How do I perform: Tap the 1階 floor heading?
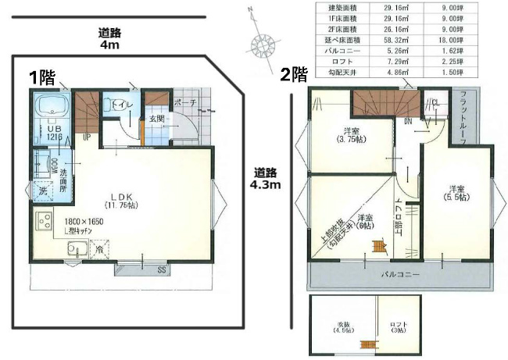pyautogui.click(x=42, y=77)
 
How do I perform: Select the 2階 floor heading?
pyautogui.click(x=293, y=74)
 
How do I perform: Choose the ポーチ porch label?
pyautogui.click(x=185, y=102)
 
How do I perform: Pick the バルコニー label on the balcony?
pyautogui.click(x=400, y=275)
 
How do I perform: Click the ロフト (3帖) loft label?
pyautogui.click(x=399, y=328)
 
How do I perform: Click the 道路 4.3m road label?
pyautogui.click(x=266, y=179)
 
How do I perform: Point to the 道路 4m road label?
pyautogui.click(x=109, y=39)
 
